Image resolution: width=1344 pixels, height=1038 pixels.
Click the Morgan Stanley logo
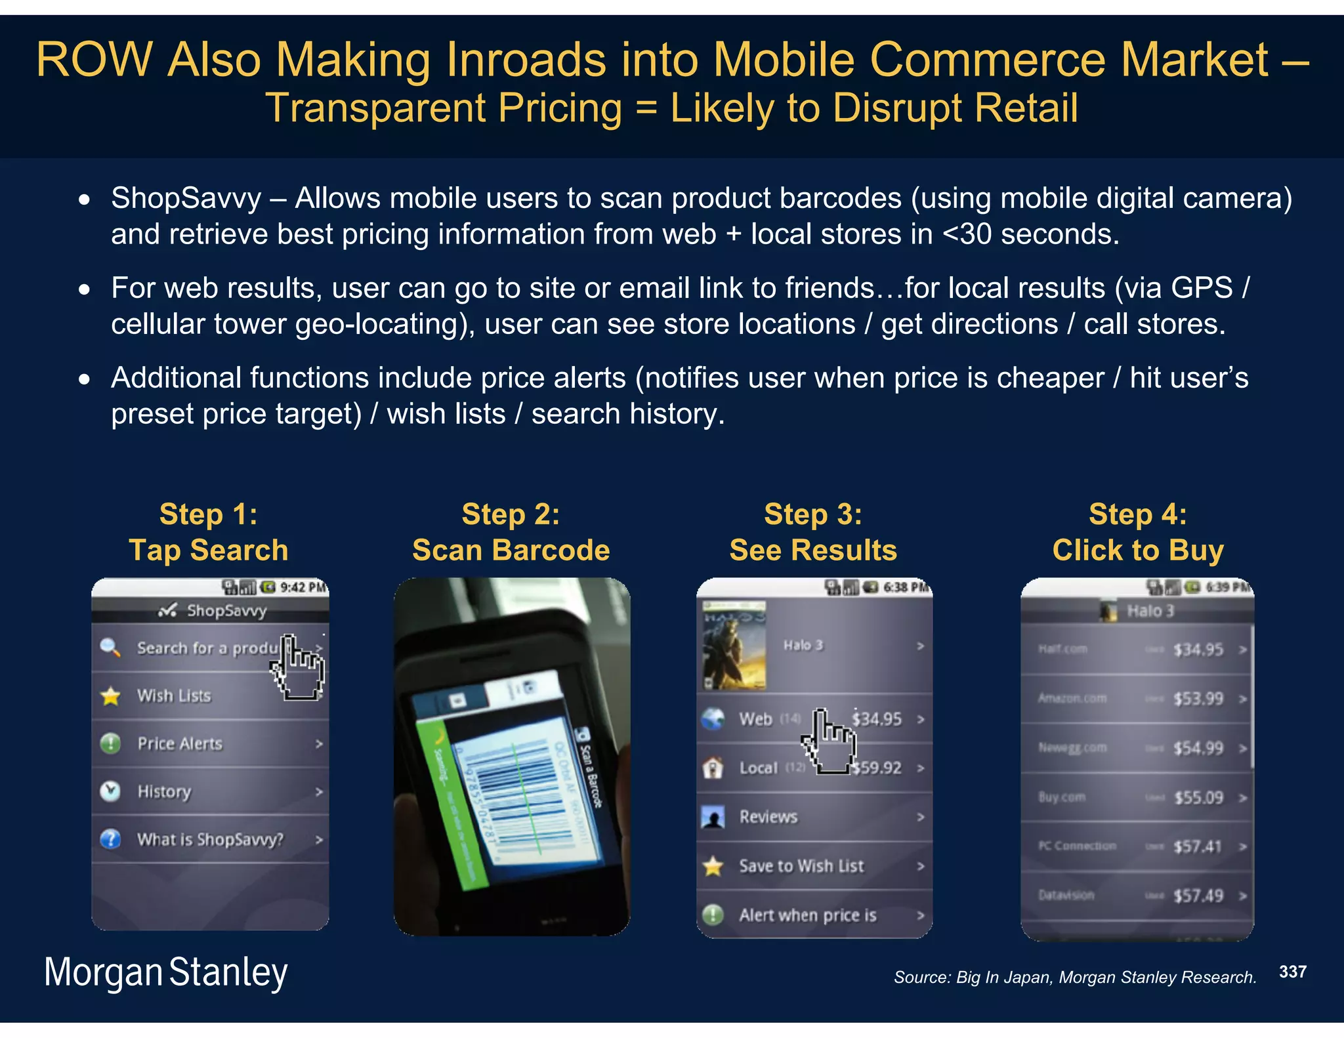point(165,972)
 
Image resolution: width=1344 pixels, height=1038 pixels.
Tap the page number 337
point(1292,972)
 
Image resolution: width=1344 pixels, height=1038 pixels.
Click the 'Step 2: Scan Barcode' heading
point(511,532)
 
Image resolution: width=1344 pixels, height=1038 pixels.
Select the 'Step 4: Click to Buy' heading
point(1137,532)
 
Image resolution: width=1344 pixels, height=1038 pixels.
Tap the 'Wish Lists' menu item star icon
point(111,696)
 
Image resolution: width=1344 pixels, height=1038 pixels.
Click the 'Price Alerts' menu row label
point(180,744)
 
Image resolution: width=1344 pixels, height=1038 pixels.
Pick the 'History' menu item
point(164,792)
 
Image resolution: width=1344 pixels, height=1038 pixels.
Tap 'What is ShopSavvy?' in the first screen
point(210,840)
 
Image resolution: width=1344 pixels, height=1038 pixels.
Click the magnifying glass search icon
point(110,648)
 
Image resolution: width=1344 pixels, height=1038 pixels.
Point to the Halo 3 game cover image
point(734,646)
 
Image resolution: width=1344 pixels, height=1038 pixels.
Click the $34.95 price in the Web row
point(877,719)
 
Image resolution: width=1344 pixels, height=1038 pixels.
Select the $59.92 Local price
point(878,768)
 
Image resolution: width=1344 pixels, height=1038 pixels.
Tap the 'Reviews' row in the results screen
point(768,817)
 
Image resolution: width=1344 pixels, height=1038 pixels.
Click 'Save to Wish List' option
point(801,866)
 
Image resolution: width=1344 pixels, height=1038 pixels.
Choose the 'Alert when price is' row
point(807,915)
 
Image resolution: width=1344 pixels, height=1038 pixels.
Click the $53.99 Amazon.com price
point(1198,699)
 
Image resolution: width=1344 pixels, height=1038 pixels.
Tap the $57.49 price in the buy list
point(1198,896)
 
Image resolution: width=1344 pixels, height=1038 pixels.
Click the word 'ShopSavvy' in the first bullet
point(186,198)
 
